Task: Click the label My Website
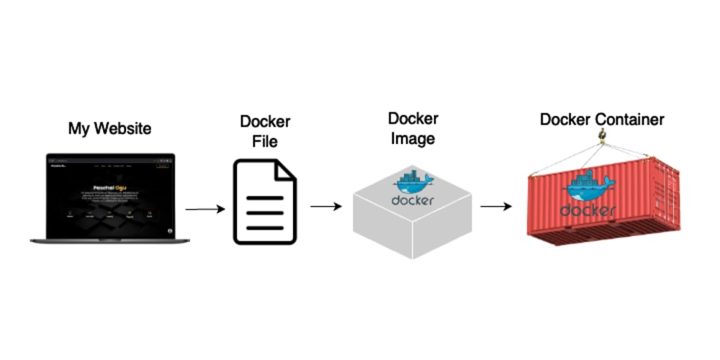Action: (109, 129)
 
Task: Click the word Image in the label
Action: (413, 139)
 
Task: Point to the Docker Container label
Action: (602, 120)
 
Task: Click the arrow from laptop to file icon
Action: (205, 210)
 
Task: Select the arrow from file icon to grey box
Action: (325, 207)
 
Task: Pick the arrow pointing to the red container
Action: (496, 207)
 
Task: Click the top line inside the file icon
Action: (264, 197)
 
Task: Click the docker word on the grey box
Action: (413, 200)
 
